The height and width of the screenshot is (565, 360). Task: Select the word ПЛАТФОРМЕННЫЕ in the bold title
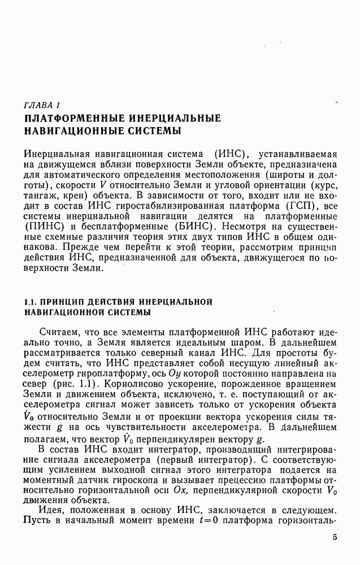click(x=72, y=119)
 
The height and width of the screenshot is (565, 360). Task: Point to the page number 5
click(x=335, y=537)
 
